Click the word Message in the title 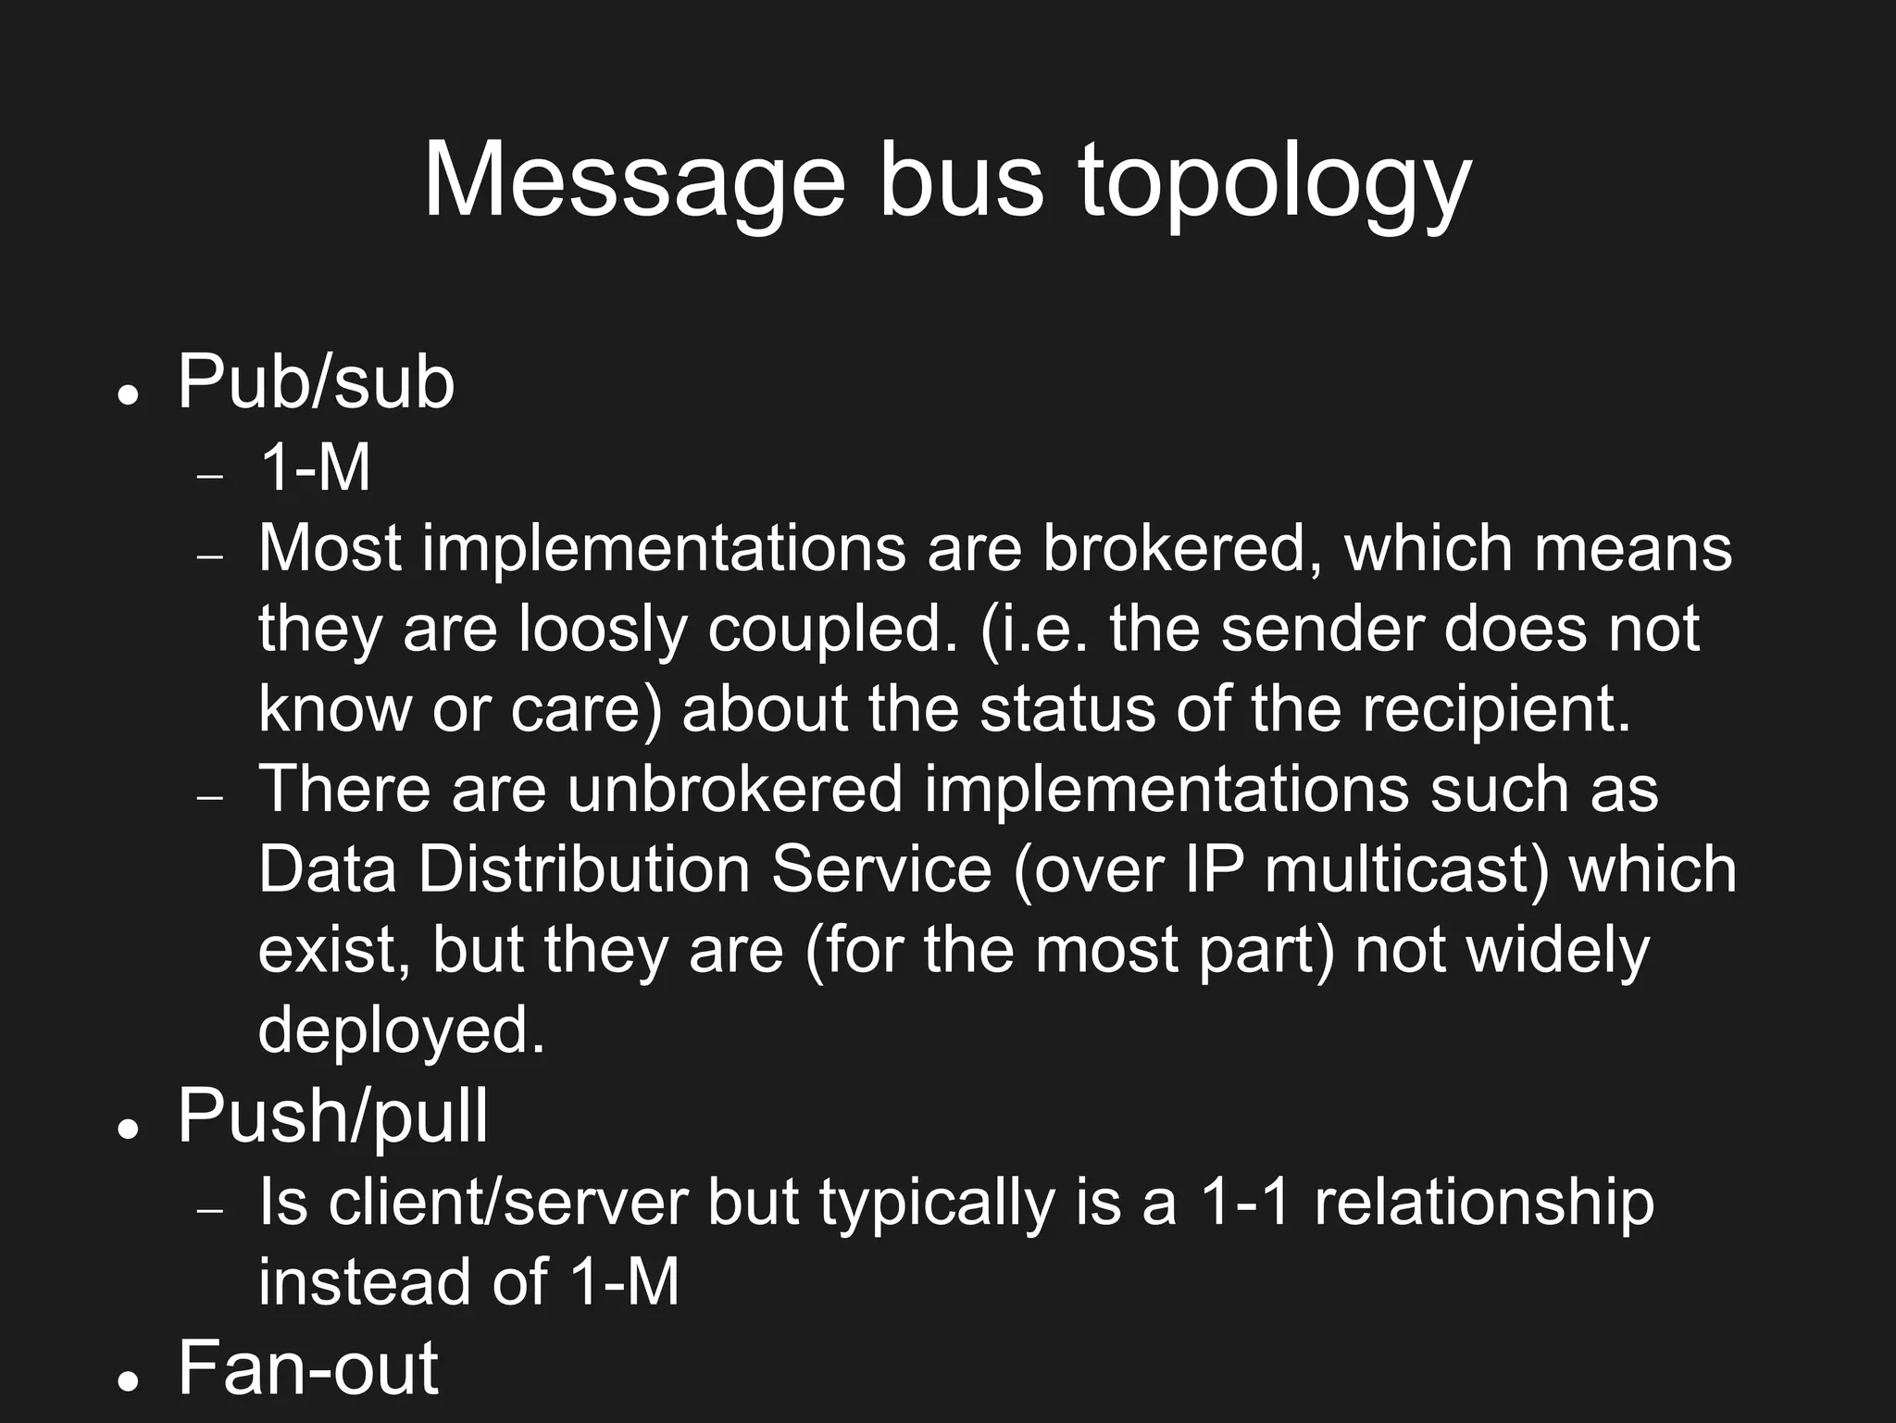(x=634, y=181)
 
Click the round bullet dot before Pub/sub (x=129, y=394)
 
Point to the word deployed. (x=401, y=1030)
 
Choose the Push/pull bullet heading (x=332, y=1116)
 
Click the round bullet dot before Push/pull (x=129, y=1129)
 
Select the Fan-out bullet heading (x=308, y=1367)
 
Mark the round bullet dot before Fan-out (x=129, y=1380)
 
